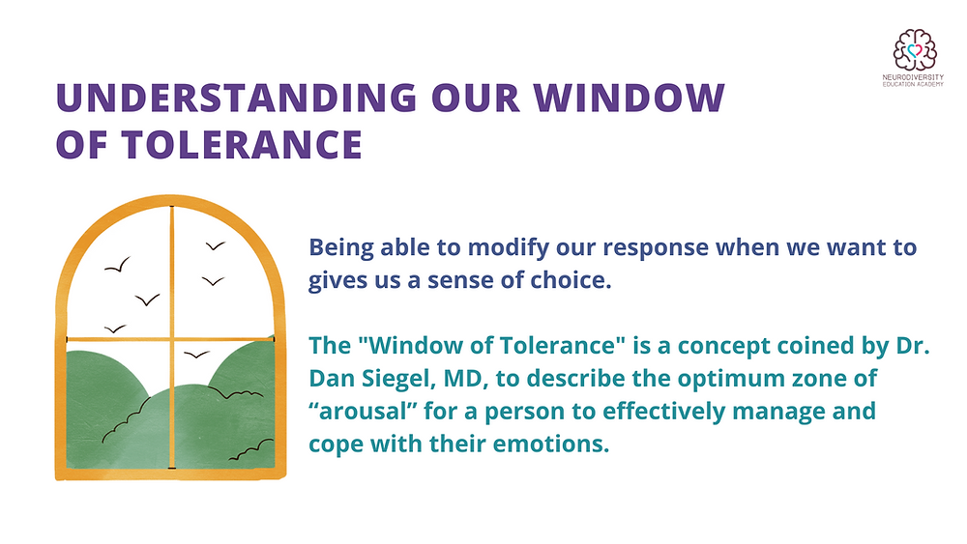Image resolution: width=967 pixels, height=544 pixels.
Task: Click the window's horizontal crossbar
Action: tap(116, 338)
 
